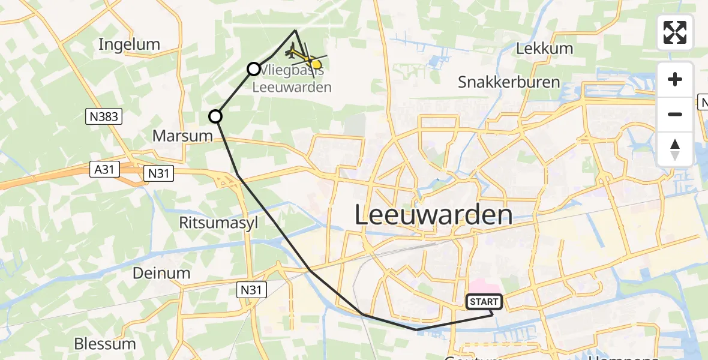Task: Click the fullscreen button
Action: pos(675,32)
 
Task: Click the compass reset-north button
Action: pos(675,149)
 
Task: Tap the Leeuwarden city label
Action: pos(434,215)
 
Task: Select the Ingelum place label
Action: pos(129,44)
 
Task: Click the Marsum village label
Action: pos(182,136)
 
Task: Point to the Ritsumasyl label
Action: pos(218,223)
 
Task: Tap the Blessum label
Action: pos(105,344)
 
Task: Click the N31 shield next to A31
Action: pos(159,174)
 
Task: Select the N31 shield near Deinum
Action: pos(251,290)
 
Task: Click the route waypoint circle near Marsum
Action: pos(215,116)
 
